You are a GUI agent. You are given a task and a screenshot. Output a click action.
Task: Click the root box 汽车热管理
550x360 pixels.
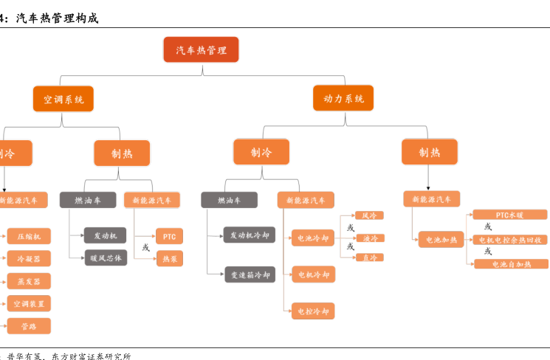[201, 49]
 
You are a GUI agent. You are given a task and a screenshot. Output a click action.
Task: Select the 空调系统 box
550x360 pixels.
[63, 98]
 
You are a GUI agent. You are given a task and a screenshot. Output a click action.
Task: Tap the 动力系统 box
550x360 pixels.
[343, 98]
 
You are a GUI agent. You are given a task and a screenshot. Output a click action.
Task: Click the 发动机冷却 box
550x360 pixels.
[250, 235]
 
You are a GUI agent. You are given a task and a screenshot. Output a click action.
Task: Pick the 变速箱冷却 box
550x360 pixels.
[250, 274]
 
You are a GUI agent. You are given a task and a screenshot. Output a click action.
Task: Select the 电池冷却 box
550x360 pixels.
[313, 238]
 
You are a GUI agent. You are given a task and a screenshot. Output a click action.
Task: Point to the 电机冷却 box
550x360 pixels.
[313, 274]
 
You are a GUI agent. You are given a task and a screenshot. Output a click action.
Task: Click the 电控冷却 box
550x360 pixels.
[313, 311]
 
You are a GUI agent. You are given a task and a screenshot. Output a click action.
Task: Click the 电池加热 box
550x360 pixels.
[439, 239]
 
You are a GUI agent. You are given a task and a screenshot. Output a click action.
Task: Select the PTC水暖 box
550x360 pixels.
[510, 215]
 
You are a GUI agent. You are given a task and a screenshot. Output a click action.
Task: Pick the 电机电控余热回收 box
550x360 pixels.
[510, 239]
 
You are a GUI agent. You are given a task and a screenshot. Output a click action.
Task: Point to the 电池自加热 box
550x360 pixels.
[510, 264]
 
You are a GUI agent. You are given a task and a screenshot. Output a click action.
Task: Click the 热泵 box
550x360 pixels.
[170, 258]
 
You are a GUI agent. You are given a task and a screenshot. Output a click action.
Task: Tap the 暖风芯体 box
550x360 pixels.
[106, 257]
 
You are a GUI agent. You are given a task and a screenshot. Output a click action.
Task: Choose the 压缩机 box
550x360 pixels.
[29, 236]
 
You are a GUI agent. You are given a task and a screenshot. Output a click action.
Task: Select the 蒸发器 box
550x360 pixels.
[29, 281]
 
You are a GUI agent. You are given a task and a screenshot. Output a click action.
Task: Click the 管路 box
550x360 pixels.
[29, 325]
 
